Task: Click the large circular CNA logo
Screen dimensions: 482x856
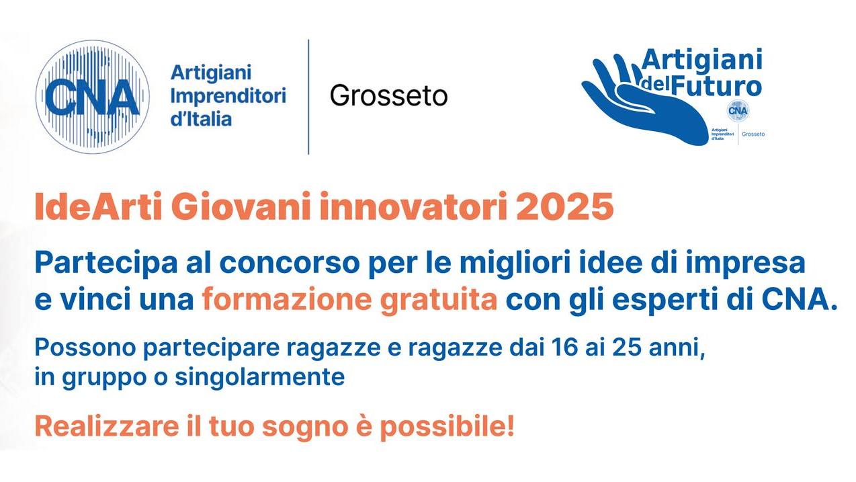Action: point(92,96)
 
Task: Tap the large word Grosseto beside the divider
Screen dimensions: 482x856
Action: point(388,95)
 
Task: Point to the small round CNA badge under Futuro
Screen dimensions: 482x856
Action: point(738,110)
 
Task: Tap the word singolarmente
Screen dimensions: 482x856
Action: point(260,377)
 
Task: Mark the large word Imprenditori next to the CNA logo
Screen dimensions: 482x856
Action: point(228,95)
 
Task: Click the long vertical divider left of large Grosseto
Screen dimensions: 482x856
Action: point(308,96)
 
